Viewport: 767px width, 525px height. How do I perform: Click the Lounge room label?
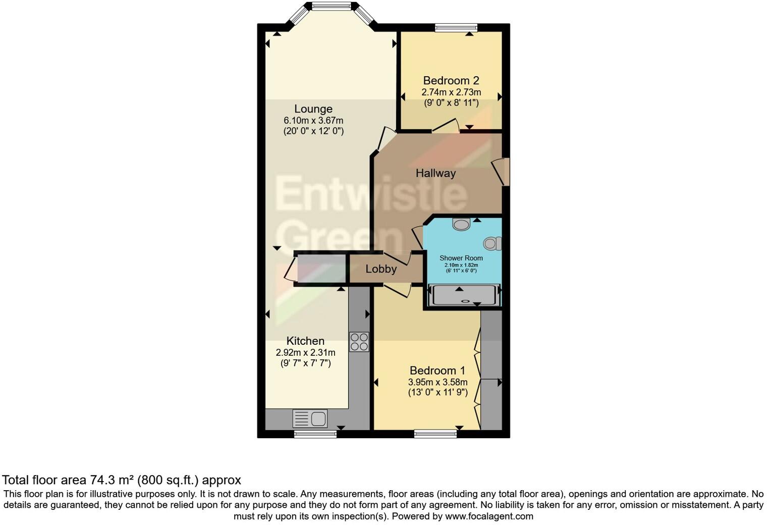313,109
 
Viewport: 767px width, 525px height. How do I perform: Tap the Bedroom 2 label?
451,81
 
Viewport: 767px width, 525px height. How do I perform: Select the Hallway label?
435,173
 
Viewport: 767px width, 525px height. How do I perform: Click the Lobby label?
381,269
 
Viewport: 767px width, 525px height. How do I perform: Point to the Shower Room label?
461,258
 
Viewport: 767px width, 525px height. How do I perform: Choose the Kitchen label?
305,341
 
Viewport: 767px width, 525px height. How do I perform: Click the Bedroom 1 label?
437,371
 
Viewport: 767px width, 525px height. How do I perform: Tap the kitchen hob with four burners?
359,342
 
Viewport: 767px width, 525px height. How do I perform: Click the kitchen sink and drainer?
310,418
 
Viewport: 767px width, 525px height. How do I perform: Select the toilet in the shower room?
492,244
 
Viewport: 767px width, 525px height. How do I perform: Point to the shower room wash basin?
461,224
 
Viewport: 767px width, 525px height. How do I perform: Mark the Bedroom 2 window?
456,28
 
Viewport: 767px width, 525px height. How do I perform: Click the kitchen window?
315,434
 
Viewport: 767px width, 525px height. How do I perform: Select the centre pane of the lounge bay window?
331,7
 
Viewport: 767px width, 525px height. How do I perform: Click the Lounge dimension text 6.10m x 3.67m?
313,121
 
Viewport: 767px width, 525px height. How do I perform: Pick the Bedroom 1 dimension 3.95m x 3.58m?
437,382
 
